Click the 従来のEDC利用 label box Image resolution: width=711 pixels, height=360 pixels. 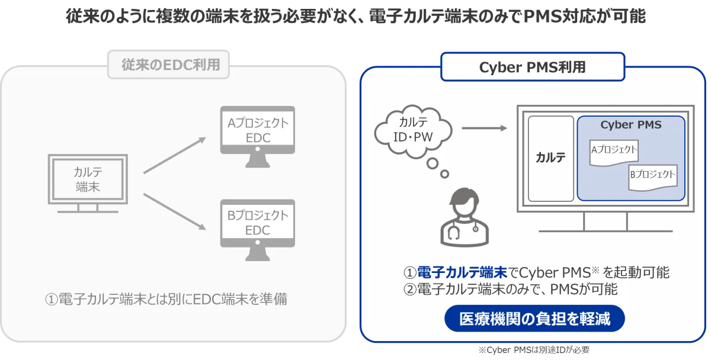click(168, 65)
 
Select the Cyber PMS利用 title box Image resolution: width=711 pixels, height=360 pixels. click(533, 67)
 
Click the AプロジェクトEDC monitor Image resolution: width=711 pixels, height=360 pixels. click(257, 137)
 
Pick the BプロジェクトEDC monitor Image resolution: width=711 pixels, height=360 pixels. click(257, 230)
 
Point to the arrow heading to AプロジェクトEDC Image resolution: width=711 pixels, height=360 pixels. click(175, 155)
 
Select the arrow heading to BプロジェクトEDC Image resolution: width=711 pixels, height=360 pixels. click(175, 211)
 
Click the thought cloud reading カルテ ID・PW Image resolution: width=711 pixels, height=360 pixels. click(412, 131)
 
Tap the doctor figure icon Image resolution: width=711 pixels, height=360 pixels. click(465, 217)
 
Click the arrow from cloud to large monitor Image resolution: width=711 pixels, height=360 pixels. click(485, 128)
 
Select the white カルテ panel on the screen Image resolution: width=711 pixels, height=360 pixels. click(550, 159)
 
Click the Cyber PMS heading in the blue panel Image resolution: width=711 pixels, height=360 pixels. click(630, 125)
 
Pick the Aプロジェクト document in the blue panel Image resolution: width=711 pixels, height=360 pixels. click(614, 153)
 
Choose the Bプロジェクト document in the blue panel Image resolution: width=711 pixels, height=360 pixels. click(653, 178)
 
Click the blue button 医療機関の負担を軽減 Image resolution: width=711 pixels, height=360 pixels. click(534, 319)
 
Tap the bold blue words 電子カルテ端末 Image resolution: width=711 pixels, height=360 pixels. click(463, 272)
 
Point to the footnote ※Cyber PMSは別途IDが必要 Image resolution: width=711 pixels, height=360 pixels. click(534, 350)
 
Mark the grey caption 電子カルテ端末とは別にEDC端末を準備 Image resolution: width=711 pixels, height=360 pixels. click(172, 299)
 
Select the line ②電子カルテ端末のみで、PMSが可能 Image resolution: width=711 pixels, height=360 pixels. click(510, 290)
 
